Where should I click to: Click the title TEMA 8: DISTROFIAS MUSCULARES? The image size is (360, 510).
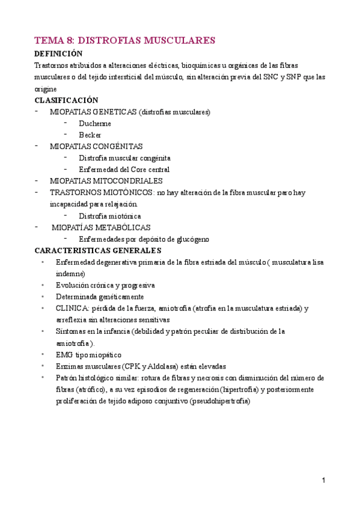pos(125,40)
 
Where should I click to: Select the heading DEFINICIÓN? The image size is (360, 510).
pos(58,54)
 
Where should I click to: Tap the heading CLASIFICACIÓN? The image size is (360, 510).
pos(66,100)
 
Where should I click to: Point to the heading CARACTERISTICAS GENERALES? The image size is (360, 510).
pos(98,250)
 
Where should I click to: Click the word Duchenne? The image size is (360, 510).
pos(95,123)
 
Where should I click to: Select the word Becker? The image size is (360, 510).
pos(90,135)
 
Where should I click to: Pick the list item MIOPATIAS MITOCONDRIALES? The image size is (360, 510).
pos(106,180)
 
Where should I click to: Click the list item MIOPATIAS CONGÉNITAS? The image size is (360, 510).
pos(96,146)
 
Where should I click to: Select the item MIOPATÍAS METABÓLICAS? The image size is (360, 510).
pos(101,227)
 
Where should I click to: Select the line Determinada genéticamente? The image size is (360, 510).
pos(100,296)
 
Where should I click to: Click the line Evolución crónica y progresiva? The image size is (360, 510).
pos(105,284)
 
